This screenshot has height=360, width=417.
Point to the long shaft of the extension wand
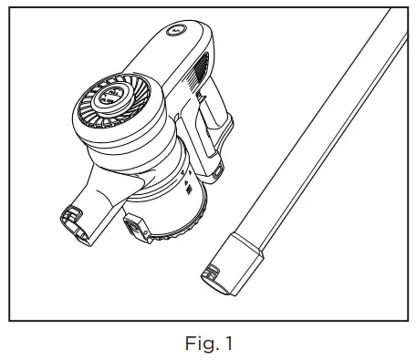pyautogui.click(x=310, y=146)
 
